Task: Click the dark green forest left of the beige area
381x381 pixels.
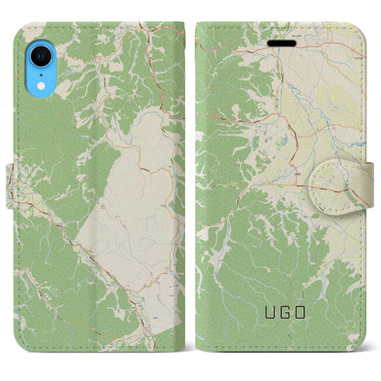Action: tap(55, 183)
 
